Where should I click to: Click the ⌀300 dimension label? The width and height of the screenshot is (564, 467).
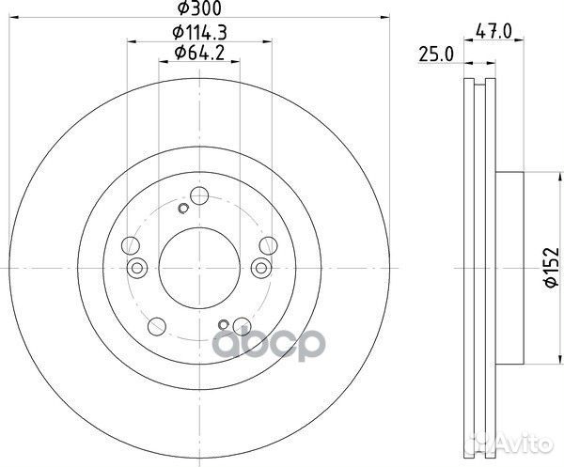[x=196, y=8]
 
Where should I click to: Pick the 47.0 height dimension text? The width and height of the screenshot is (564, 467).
[x=494, y=31]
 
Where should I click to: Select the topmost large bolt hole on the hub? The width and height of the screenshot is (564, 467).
[x=198, y=195]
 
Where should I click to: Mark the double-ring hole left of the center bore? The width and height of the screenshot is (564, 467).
[x=137, y=270]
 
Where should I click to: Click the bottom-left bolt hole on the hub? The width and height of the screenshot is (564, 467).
[x=157, y=328]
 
